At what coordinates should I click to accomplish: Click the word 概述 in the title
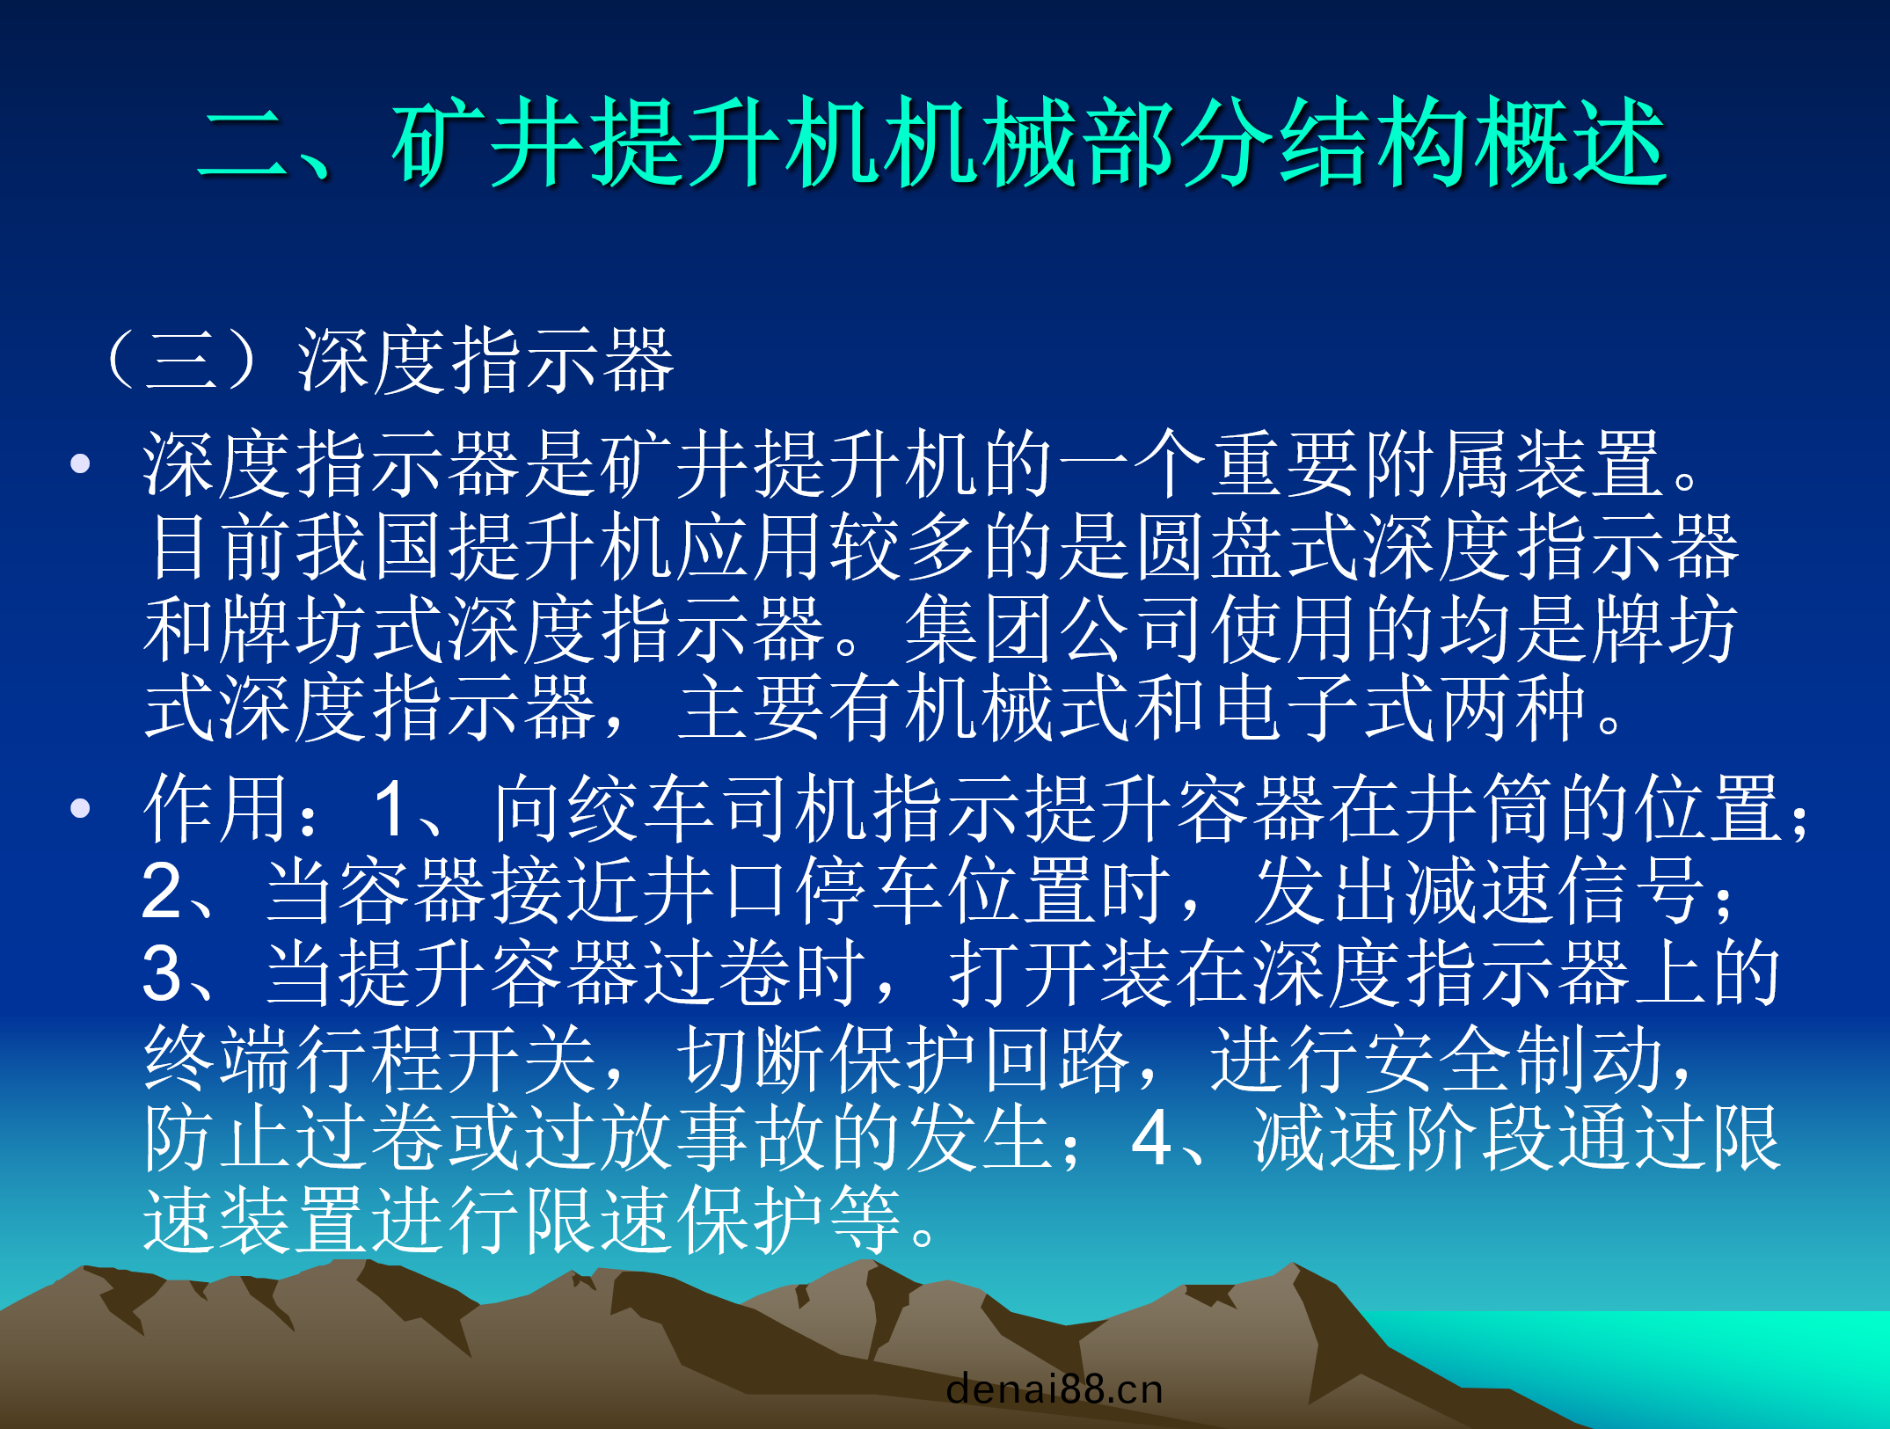1571,142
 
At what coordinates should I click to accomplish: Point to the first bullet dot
81,463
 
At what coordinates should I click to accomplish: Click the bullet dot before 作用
81,807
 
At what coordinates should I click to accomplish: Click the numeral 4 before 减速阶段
1152,1139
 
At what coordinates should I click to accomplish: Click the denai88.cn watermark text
1054,1389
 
